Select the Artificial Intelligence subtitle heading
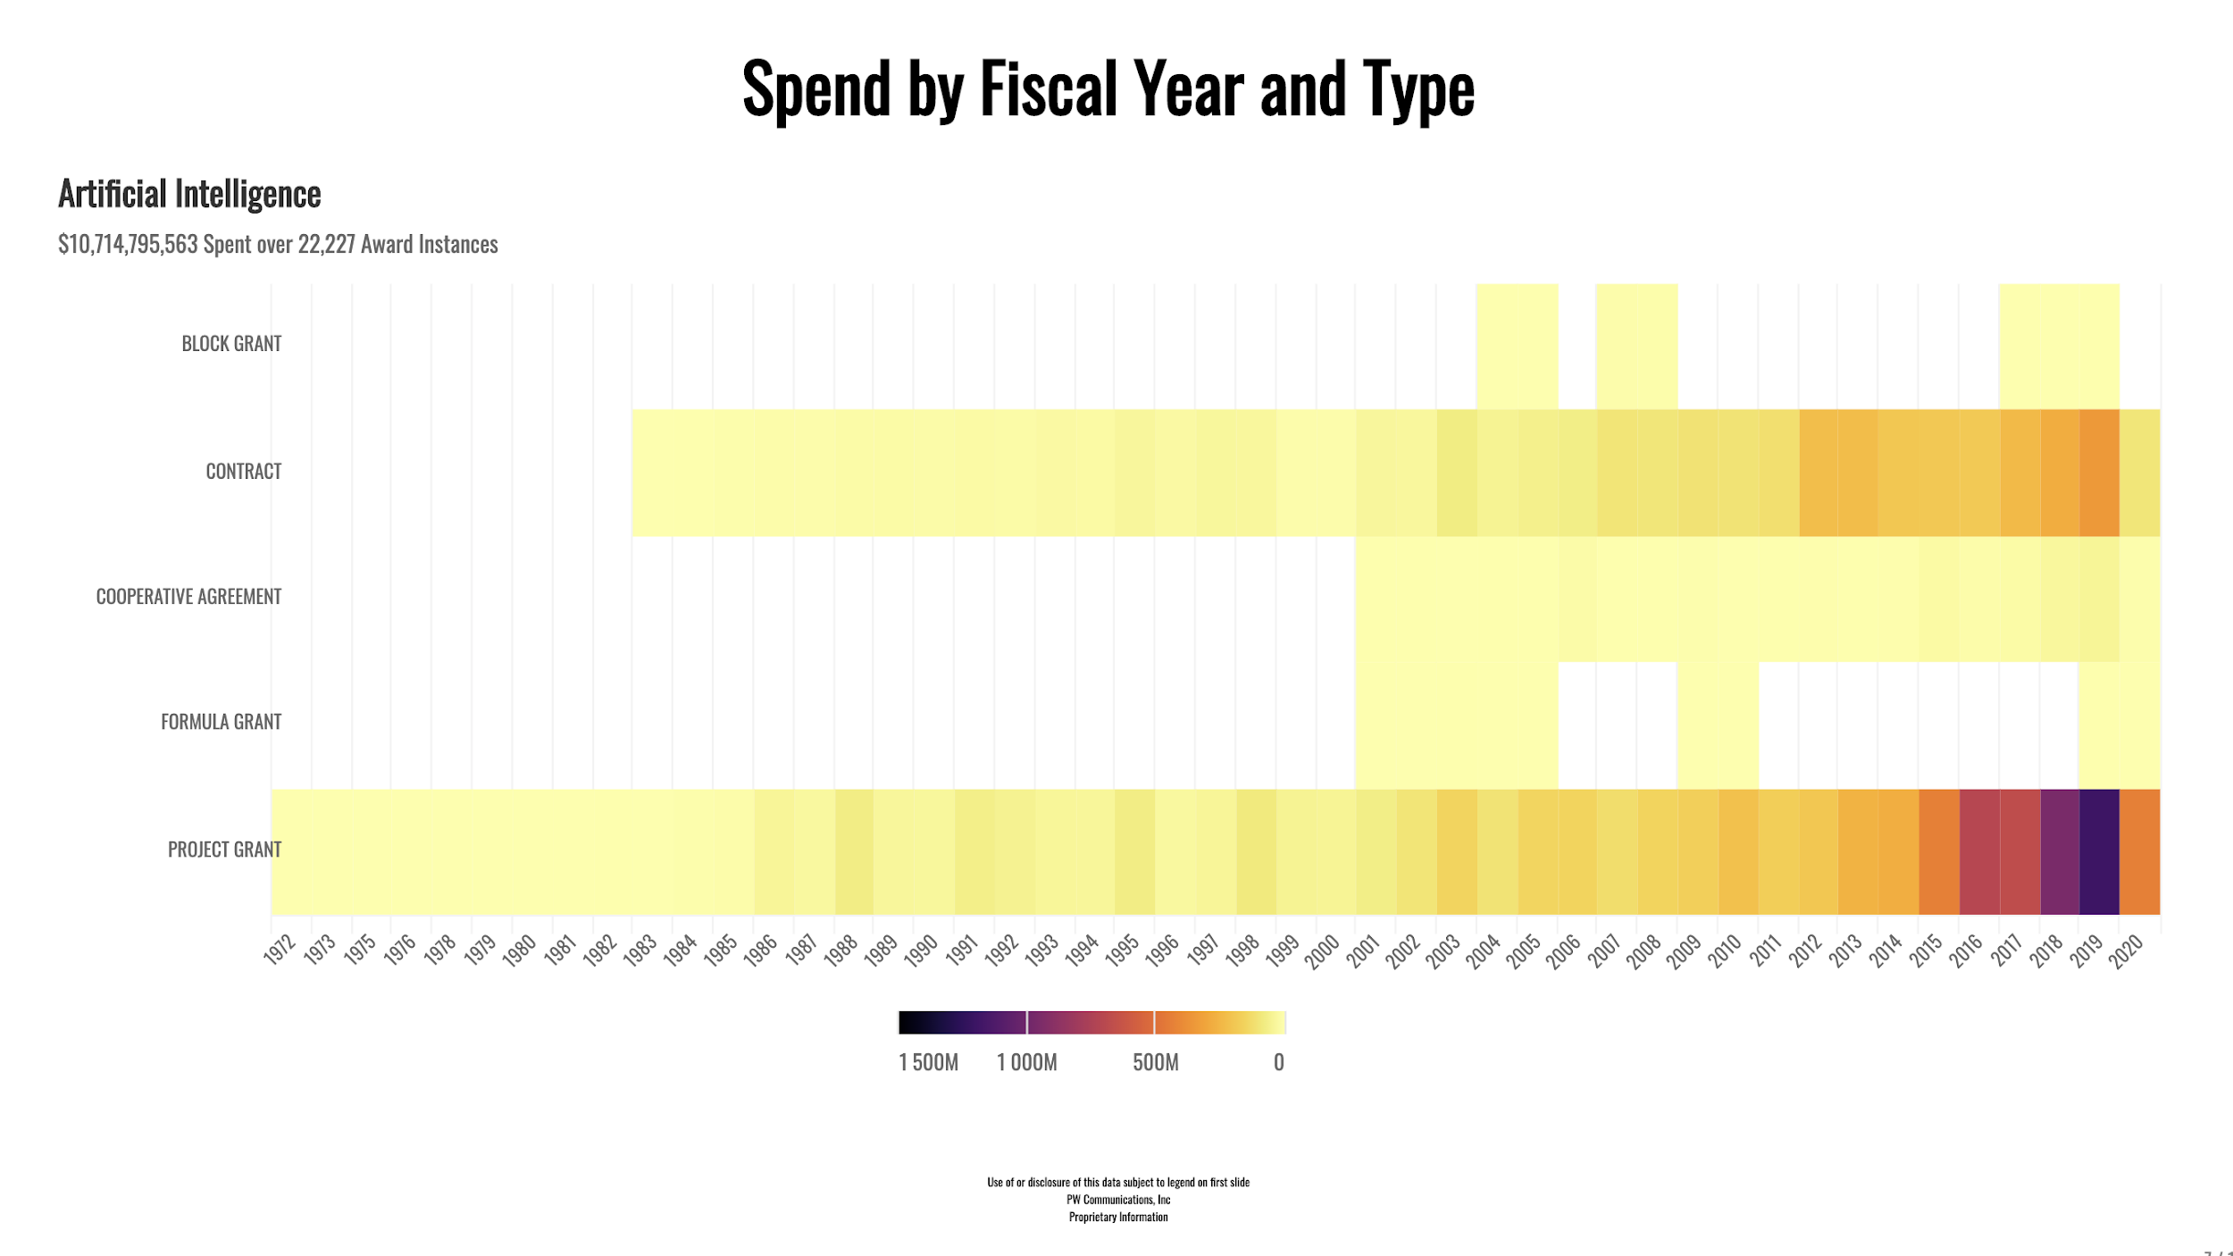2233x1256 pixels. click(x=189, y=194)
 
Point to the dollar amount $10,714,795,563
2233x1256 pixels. click(x=128, y=245)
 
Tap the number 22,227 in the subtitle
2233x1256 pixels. click(x=326, y=245)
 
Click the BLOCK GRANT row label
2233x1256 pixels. click(x=231, y=344)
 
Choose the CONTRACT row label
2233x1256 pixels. click(x=243, y=472)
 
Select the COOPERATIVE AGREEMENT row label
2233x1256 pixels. click(x=188, y=597)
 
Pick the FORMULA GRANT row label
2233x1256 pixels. click(x=221, y=722)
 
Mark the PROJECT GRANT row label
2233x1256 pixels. click(x=224, y=850)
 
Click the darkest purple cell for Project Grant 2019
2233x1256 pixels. click(x=2099, y=851)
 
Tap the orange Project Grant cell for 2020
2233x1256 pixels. click(x=2140, y=851)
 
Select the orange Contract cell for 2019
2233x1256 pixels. click(x=2099, y=473)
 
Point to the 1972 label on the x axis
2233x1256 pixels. click(x=280, y=950)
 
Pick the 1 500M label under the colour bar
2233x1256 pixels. click(x=928, y=1062)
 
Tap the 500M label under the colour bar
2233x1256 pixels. click(x=1155, y=1062)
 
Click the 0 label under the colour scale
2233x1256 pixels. click(x=1278, y=1062)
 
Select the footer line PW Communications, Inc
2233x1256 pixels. click(x=1118, y=1200)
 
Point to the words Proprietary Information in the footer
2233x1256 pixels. click(x=1118, y=1217)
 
